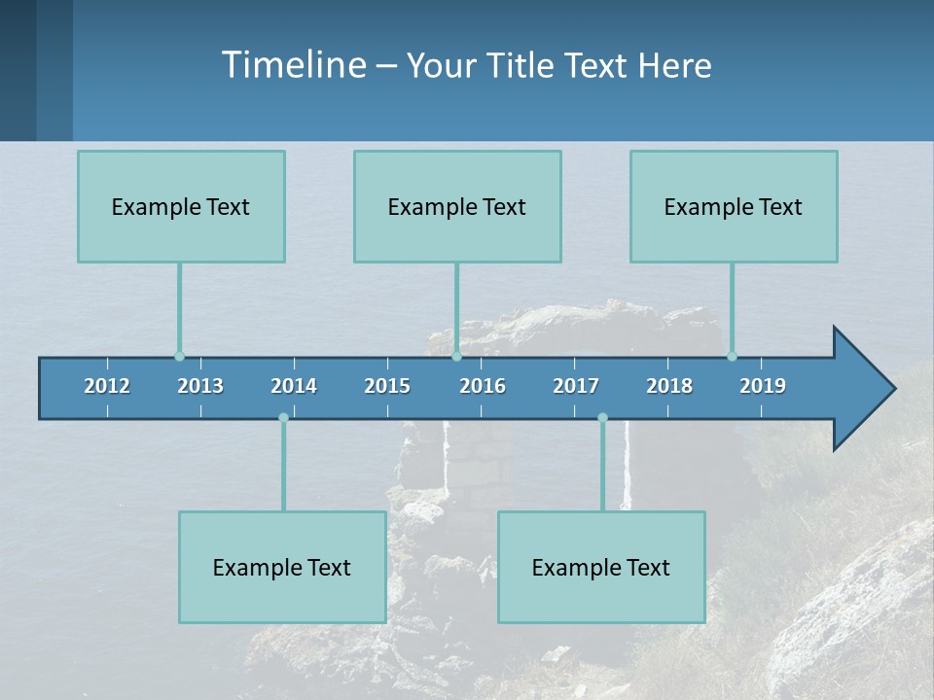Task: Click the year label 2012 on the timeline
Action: pyautogui.click(x=107, y=386)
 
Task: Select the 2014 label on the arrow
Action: pyautogui.click(x=294, y=386)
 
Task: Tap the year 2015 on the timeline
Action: pyautogui.click(x=387, y=386)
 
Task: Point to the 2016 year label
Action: pyautogui.click(x=483, y=386)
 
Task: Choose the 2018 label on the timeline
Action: pyautogui.click(x=669, y=386)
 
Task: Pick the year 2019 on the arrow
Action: pyautogui.click(x=763, y=386)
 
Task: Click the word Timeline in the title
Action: pyautogui.click(x=293, y=65)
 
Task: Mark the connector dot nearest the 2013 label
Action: pyautogui.click(x=179, y=357)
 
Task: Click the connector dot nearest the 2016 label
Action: pyautogui.click(x=456, y=357)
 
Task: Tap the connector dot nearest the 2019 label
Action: pyautogui.click(x=732, y=357)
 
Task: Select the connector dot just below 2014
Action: pyautogui.click(x=283, y=418)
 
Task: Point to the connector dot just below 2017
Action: pyautogui.click(x=602, y=418)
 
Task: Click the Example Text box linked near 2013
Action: pyautogui.click(x=181, y=206)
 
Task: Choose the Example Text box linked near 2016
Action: pyautogui.click(x=457, y=206)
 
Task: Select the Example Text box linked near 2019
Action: pyautogui.click(x=734, y=206)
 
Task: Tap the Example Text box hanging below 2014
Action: pyautogui.click(x=282, y=567)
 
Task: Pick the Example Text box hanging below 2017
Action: pyautogui.click(x=601, y=567)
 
